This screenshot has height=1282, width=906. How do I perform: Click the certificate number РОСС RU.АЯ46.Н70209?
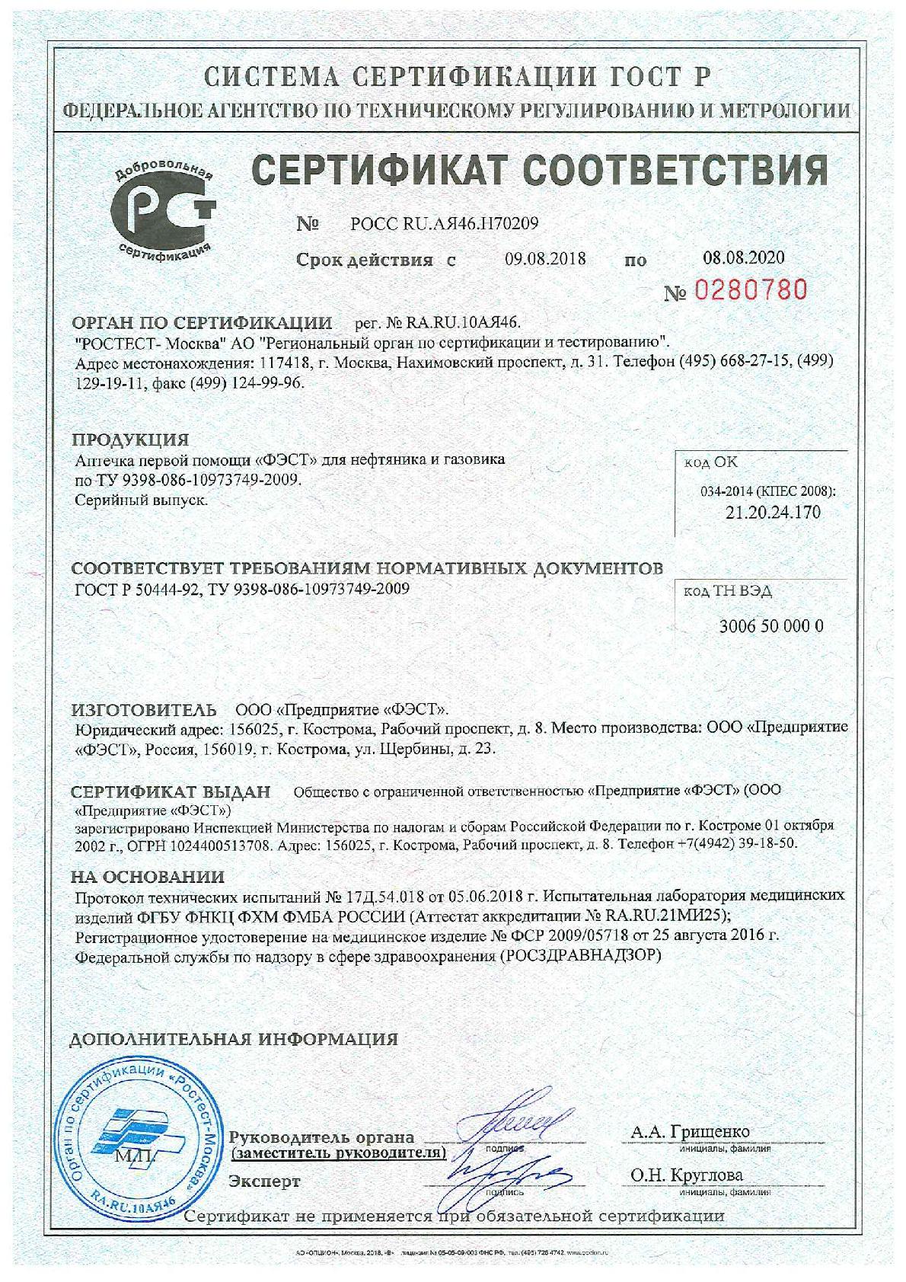click(445, 224)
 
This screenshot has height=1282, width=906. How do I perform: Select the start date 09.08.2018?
click(545, 258)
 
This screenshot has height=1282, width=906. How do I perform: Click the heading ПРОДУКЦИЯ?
click(130, 440)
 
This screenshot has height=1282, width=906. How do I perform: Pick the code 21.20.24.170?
click(773, 512)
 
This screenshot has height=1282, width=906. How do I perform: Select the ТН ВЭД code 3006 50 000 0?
click(771, 626)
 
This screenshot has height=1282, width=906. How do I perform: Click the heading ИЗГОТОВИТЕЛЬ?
click(145, 710)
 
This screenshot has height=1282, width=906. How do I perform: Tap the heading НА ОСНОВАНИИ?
click(148, 877)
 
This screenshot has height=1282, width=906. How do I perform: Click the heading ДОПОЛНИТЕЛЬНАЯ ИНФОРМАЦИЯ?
click(234, 1039)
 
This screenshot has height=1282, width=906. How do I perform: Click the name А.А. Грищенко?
click(690, 1132)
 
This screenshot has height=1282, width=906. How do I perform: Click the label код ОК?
click(710, 462)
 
